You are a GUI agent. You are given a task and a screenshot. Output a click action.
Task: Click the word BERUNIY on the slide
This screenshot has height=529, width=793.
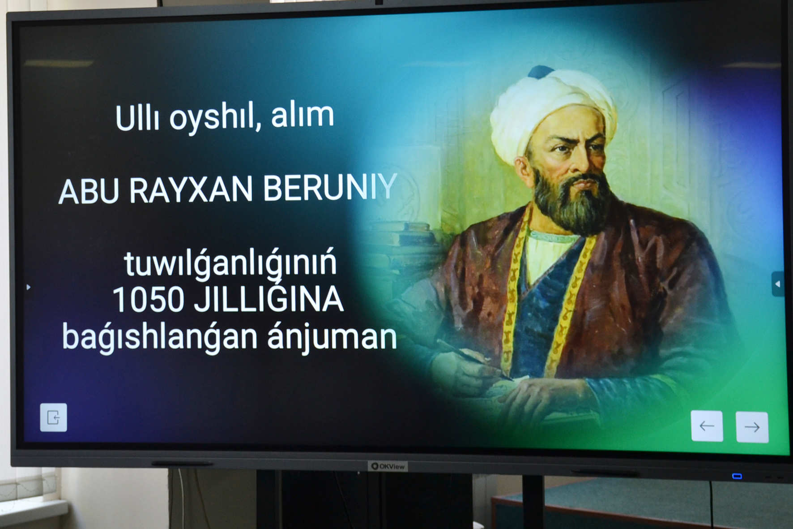pyautogui.click(x=330, y=188)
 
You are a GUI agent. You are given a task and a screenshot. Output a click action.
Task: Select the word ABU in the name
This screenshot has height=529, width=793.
pyautogui.click(x=89, y=192)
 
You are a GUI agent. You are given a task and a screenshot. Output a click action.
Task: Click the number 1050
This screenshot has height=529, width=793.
pyautogui.click(x=148, y=299)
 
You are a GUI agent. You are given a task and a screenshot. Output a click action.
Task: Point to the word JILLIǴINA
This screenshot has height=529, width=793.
pyautogui.click(x=269, y=298)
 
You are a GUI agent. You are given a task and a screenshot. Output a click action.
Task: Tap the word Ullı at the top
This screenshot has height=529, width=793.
pyautogui.click(x=137, y=118)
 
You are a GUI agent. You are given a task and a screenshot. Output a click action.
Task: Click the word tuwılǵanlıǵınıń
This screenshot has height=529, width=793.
pyautogui.click(x=230, y=263)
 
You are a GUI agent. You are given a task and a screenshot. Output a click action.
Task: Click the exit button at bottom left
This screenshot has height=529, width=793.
pyautogui.click(x=53, y=417)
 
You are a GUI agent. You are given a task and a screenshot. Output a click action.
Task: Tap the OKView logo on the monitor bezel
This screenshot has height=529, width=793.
pyautogui.click(x=388, y=466)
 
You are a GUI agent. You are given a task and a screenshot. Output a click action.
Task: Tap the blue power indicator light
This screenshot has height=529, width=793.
pyautogui.click(x=737, y=476)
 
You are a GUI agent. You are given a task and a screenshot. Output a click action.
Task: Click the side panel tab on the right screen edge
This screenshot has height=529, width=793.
pyautogui.click(x=778, y=284)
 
